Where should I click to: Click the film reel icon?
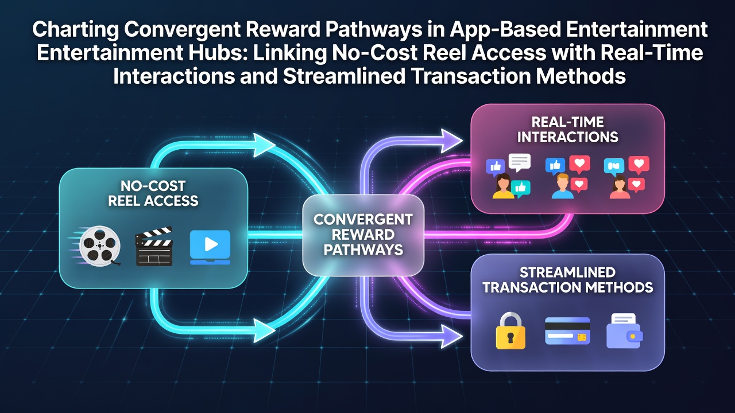[100, 246]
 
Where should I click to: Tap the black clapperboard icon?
[154, 246]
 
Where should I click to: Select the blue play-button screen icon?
[210, 247]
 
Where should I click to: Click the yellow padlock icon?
[510, 330]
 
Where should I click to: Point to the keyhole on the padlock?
[510, 337]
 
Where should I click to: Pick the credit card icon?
[567, 331]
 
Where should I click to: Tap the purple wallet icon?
[624, 331]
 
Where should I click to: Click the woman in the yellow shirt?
[503, 186]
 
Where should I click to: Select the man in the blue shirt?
[562, 186]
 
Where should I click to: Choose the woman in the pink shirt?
[620, 187]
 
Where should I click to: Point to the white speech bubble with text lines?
[520, 162]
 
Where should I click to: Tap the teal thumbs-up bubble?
[521, 189]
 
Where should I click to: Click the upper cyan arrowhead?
[264, 145]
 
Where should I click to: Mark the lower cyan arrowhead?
[264, 330]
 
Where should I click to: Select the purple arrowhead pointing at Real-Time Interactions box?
[451, 141]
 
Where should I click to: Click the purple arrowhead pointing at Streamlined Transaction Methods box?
[451, 336]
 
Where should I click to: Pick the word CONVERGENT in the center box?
[363, 220]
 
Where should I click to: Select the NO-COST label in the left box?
[153, 186]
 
